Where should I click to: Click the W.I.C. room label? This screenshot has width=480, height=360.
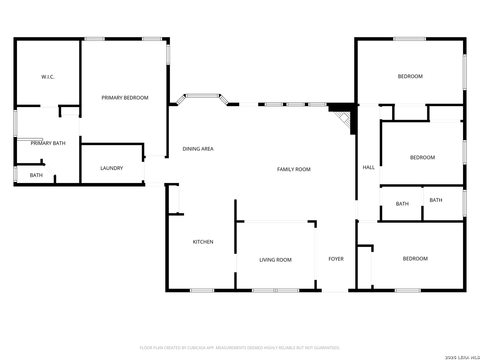[x=48, y=77]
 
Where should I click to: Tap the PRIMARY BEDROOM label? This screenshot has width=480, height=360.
[x=125, y=98]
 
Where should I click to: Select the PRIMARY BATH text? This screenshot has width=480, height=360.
[x=48, y=143]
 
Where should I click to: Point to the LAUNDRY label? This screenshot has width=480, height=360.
[x=112, y=168]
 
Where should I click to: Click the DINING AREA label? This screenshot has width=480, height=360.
[x=198, y=149]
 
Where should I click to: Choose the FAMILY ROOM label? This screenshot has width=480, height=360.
[x=294, y=169]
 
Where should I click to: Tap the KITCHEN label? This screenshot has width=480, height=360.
[x=203, y=242]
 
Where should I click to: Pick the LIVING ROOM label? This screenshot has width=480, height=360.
[x=275, y=260]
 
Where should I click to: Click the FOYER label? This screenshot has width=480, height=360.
[x=336, y=259]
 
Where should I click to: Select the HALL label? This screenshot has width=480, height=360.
[x=369, y=167]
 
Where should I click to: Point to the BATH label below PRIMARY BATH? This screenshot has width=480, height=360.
[x=36, y=175]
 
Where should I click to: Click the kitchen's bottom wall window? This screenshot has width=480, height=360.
[x=202, y=290]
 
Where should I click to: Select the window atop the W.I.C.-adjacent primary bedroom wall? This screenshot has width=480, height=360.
[x=94, y=39]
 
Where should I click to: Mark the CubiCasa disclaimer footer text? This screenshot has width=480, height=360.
[x=240, y=348]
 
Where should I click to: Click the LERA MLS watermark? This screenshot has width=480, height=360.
[x=462, y=357]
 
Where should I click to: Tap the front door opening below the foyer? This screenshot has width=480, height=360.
[x=335, y=291]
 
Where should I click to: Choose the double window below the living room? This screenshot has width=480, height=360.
[x=276, y=290]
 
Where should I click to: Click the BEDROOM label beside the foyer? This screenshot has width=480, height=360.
[x=415, y=259]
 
